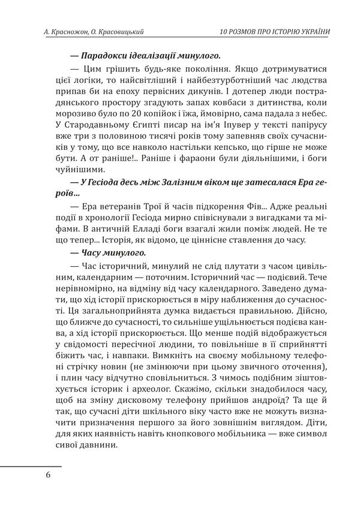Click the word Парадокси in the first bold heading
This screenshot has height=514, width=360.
tap(103, 54)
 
